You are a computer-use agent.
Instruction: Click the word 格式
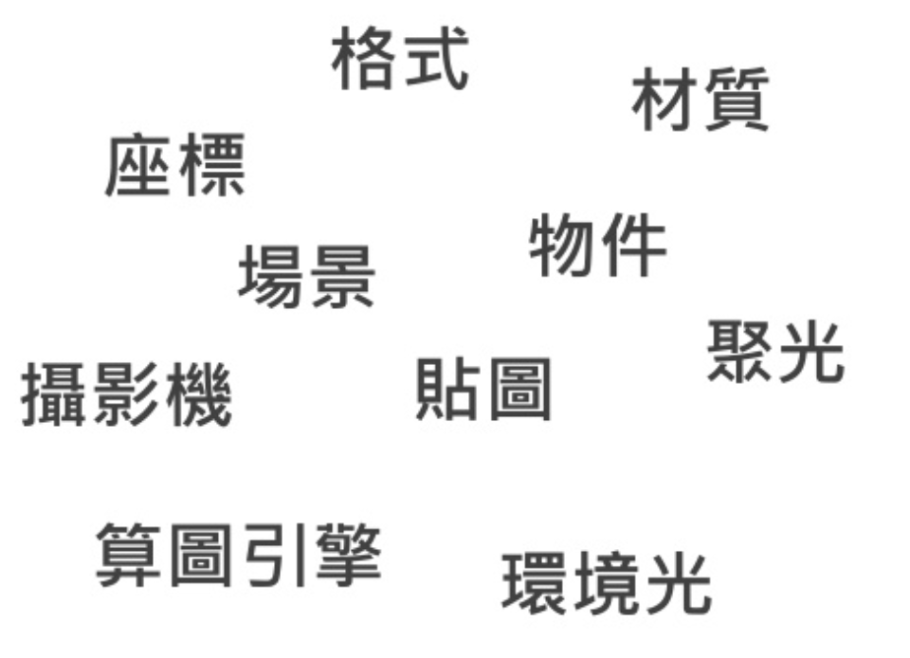click(400, 59)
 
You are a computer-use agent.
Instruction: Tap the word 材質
click(700, 99)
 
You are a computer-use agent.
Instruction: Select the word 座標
click(175, 165)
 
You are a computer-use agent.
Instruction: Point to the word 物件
click(597, 245)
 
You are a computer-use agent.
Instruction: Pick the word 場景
click(306, 276)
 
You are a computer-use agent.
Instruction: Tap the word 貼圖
click(483, 389)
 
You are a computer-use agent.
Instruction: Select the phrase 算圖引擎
click(239, 555)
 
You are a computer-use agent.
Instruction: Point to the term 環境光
click(606, 584)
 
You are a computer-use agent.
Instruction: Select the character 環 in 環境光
click(536, 584)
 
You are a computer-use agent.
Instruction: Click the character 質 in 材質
click(736, 99)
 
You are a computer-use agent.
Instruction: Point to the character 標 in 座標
click(211, 165)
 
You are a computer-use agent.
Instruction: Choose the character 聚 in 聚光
click(739, 351)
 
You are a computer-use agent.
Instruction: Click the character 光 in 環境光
click(677, 584)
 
